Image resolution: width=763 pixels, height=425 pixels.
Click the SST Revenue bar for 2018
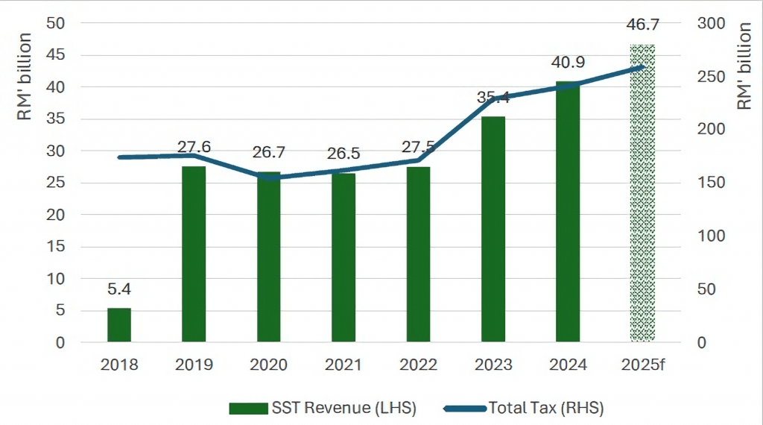pos(119,325)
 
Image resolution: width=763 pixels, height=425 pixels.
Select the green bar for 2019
pos(194,254)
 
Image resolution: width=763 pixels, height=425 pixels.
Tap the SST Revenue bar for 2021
pos(343,257)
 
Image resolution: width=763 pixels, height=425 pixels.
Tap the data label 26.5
pos(343,154)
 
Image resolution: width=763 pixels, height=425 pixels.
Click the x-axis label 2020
pos(268,365)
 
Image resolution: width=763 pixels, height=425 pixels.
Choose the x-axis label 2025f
pos(642,365)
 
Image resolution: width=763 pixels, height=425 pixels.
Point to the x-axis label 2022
pos(418,365)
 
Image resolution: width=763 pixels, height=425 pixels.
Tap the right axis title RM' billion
pos(744,67)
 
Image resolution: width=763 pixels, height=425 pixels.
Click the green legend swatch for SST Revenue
pos(248,408)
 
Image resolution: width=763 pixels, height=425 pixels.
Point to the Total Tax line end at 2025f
pos(642,68)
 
